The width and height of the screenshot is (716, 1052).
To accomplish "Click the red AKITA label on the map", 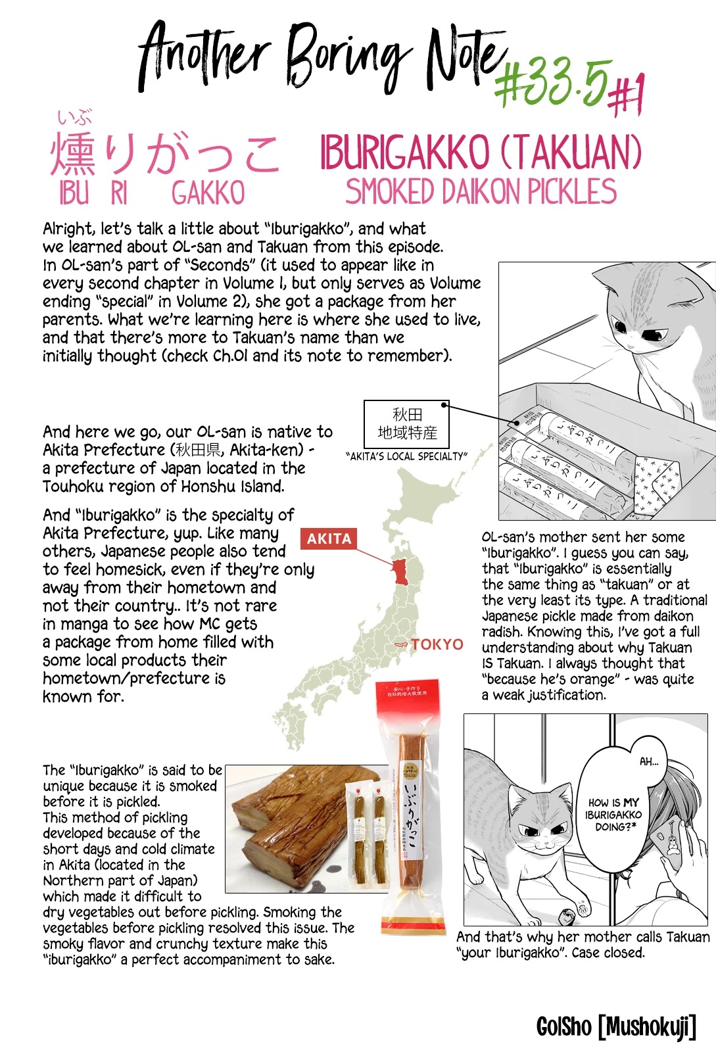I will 329,538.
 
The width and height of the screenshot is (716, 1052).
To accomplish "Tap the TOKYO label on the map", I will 437,644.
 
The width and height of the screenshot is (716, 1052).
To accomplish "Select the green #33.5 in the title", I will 552,82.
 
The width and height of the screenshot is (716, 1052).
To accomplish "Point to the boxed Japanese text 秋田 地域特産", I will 406,424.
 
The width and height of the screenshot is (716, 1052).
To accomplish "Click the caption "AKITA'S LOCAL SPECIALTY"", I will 406,456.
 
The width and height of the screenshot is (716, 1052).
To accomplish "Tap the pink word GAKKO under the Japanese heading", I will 208,193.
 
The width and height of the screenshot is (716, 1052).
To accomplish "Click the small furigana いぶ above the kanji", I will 74,118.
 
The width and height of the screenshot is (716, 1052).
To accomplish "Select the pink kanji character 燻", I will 74,155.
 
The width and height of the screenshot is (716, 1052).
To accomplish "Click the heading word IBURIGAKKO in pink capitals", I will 404,153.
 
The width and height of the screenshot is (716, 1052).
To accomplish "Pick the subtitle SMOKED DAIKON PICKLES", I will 481,192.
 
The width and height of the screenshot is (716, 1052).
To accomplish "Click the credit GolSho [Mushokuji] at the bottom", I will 616,1026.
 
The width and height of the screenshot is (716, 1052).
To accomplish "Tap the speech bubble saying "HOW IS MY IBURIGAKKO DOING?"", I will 613,814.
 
